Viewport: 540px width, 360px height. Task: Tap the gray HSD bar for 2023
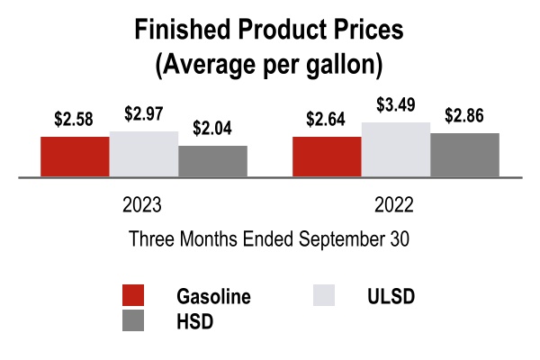[x=213, y=161]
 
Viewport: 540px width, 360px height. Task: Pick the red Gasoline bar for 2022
[x=327, y=157]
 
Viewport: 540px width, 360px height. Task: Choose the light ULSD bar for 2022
[x=396, y=149]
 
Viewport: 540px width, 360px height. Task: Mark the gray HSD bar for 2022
[x=465, y=155]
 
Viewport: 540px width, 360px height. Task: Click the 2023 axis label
[x=142, y=204]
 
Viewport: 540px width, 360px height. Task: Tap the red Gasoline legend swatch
[x=133, y=296]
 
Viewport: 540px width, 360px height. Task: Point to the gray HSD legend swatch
[x=133, y=320]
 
